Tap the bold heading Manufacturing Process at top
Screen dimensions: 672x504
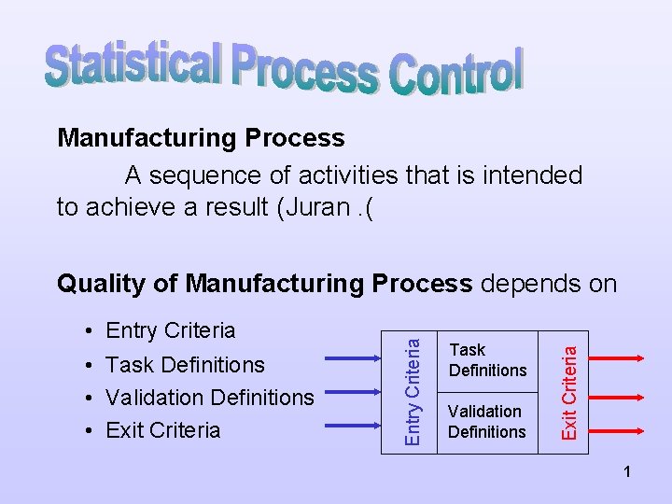click(201, 138)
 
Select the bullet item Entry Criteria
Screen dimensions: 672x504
click(171, 330)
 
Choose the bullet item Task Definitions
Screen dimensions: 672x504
click(186, 364)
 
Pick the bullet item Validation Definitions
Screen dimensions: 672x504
click(210, 397)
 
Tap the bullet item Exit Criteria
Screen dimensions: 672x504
click(163, 429)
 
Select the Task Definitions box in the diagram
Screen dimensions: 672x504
click(487, 360)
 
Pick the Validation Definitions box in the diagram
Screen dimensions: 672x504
click(487, 421)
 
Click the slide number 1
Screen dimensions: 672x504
click(628, 474)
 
